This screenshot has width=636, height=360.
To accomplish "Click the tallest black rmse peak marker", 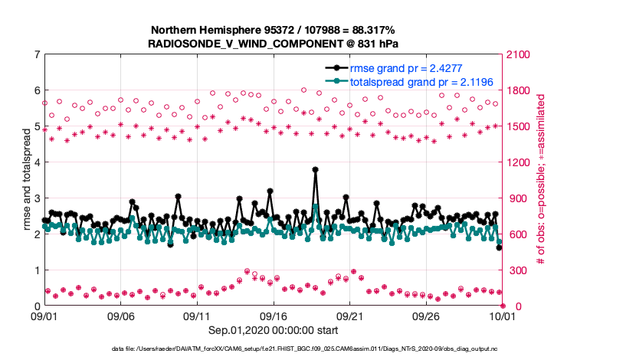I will tap(315, 170).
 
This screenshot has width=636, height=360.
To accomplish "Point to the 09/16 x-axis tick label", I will tap(274, 316).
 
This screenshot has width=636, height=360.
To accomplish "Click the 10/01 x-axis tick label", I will tap(503, 316).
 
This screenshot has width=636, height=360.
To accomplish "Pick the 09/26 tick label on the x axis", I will tap(426, 316).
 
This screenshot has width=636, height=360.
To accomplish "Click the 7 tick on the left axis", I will tap(37, 54).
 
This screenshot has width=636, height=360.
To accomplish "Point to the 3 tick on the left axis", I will tap(37, 198).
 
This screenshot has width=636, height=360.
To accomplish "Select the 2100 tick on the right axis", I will tap(519, 54).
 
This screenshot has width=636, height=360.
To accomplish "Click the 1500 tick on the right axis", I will tap(519, 126).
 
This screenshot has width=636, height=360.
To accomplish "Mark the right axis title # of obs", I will tap(541, 180).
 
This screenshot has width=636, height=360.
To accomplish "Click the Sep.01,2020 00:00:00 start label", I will tap(274, 330).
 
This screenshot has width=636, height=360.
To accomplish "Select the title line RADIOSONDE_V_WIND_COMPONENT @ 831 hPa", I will tap(272, 44).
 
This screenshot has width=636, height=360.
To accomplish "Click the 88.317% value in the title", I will tap(371, 30).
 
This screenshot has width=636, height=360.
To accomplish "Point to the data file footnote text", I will tap(317, 349).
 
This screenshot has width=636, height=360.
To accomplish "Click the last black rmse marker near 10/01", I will tap(499, 247).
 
